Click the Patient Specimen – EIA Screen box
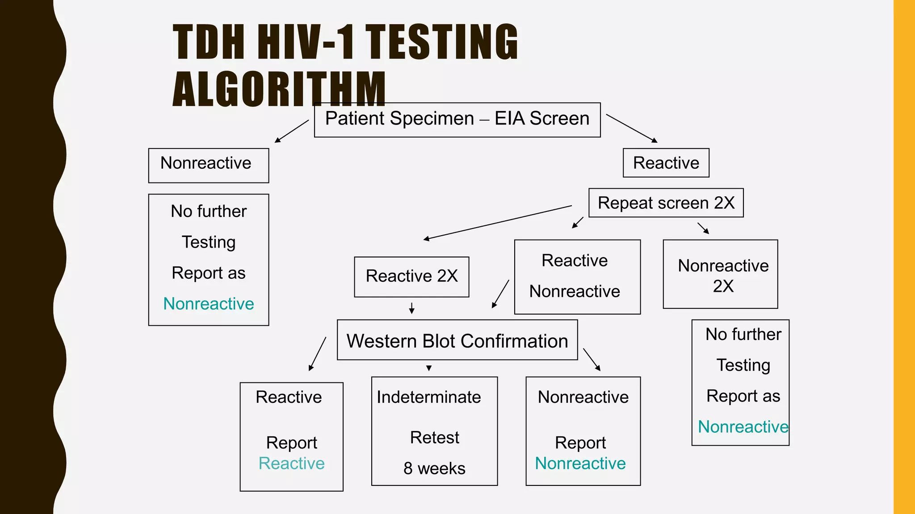pos(457,120)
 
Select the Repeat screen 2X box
pos(666,203)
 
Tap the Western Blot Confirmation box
pos(457,340)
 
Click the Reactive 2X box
pos(411,277)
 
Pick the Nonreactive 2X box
pos(720,274)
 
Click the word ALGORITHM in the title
pos(279,89)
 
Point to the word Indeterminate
pos(428,397)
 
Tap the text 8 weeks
pos(434,468)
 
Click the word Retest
pos(434,438)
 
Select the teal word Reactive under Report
pos(291,464)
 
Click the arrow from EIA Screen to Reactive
pos(632,128)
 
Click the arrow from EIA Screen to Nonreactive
pos(291,131)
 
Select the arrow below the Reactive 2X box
pos(411,308)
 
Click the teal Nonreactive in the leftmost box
pos(208,304)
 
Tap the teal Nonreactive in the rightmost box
pos(743,427)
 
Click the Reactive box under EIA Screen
pos(666,163)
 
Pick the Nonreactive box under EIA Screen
pos(208,165)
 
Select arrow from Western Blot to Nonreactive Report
pos(592,360)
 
